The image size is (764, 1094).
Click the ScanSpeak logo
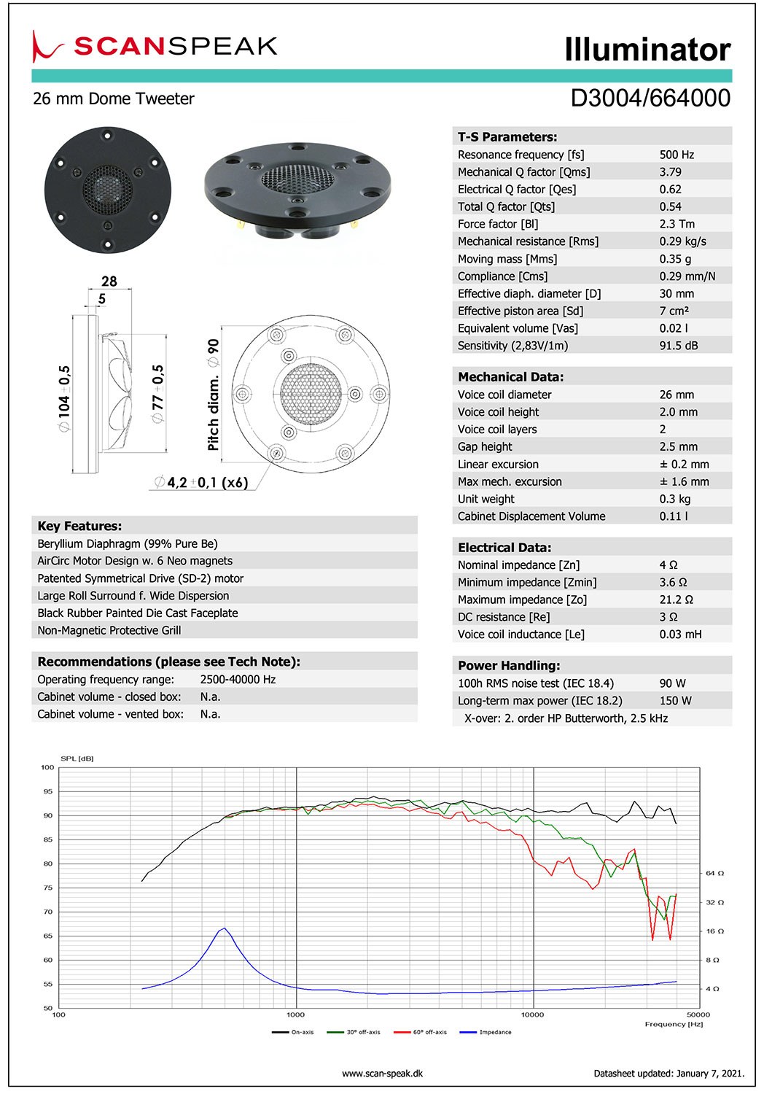(155, 47)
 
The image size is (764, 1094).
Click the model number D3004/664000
(650, 98)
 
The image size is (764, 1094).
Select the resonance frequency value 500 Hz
(677, 155)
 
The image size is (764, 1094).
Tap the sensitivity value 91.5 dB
(678, 346)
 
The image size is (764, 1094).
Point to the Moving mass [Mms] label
(507, 259)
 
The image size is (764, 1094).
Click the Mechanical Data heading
(510, 377)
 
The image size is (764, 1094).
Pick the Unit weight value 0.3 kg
(674, 499)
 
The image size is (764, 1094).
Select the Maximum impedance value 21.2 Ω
(676, 600)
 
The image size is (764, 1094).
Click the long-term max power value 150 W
(675, 701)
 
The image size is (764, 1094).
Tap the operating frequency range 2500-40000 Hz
(238, 680)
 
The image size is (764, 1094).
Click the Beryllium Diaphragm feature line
(128, 544)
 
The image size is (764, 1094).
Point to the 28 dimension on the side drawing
(109, 282)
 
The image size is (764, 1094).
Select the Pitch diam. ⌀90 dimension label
(213, 395)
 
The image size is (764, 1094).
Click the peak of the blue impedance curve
(225, 928)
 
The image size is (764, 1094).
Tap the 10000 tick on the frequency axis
(533, 1015)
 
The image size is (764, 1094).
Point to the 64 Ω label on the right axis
(714, 873)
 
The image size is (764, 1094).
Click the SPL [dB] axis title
(77, 759)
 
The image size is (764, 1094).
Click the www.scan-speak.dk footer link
(382, 1074)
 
